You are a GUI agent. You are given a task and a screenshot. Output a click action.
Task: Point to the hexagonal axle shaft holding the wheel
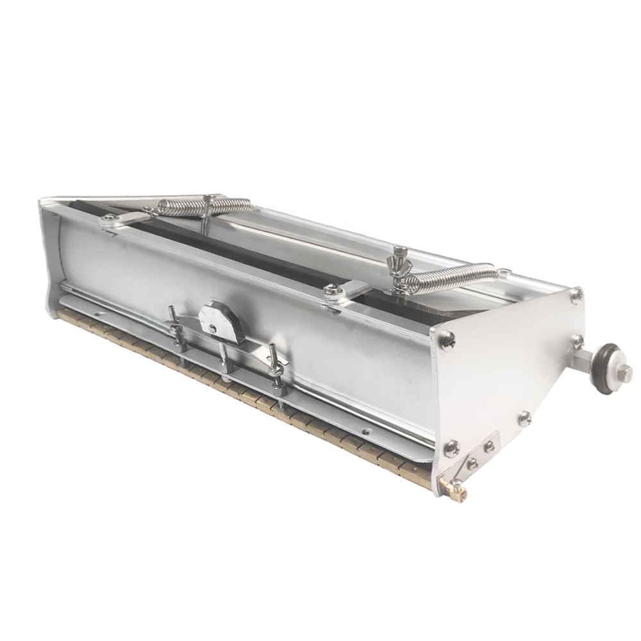(585, 360)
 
